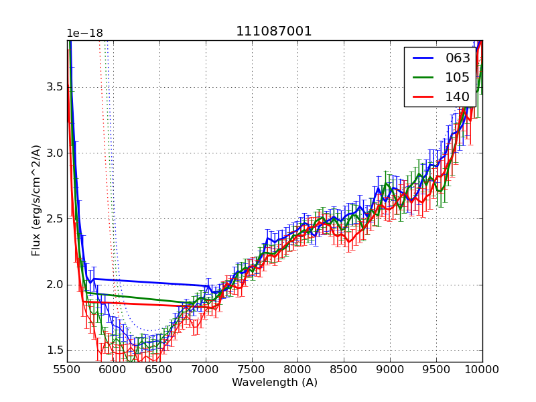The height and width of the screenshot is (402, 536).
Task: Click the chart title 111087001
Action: [274, 31]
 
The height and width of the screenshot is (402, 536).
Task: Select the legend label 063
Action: [458, 58]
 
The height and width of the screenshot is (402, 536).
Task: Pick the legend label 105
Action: [458, 78]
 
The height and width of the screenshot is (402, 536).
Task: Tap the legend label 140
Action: [458, 97]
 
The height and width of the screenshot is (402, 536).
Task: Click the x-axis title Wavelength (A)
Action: [275, 383]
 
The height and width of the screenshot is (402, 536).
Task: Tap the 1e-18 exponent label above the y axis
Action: [84, 33]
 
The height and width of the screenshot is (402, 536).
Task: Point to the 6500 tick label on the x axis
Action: [159, 369]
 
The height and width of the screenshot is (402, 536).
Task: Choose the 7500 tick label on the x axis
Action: [252, 369]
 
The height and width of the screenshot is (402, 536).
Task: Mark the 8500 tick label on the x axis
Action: [344, 369]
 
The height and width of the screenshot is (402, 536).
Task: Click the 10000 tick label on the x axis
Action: [482, 369]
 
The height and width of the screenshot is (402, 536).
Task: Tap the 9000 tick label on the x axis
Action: [391, 369]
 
